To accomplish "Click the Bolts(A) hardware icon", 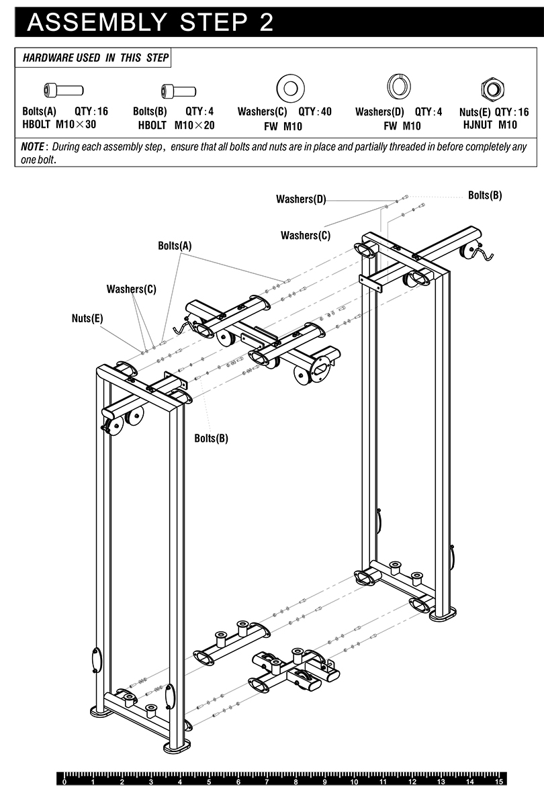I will [x=63, y=89].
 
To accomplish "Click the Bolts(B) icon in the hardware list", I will [x=178, y=90].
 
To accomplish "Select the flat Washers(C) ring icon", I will [x=290, y=88].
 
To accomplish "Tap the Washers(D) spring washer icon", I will [x=398, y=87].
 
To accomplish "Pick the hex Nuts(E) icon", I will [x=492, y=88].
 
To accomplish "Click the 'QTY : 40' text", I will [x=315, y=111].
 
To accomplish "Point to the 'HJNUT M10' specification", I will [x=490, y=124].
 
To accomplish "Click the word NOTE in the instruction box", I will [x=32, y=146].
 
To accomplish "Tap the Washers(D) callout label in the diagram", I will [x=300, y=199].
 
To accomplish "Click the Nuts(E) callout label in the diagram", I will [x=87, y=318].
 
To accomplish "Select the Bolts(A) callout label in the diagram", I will [x=175, y=246].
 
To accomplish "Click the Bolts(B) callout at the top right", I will [x=485, y=195].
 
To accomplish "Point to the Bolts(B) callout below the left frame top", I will [x=211, y=438].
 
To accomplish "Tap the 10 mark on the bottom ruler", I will [x=353, y=782].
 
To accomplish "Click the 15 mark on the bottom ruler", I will [x=498, y=782].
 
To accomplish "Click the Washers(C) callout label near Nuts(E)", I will [x=131, y=289].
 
